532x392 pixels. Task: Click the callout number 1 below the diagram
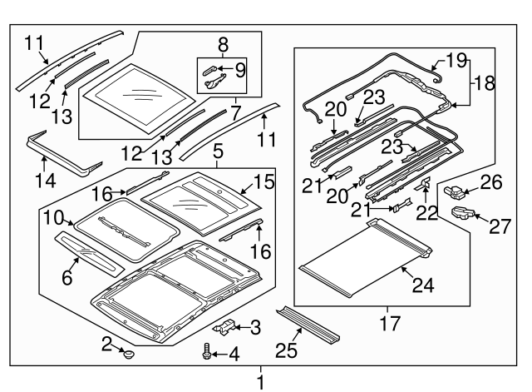click(261, 382)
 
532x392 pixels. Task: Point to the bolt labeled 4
click(207, 355)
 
